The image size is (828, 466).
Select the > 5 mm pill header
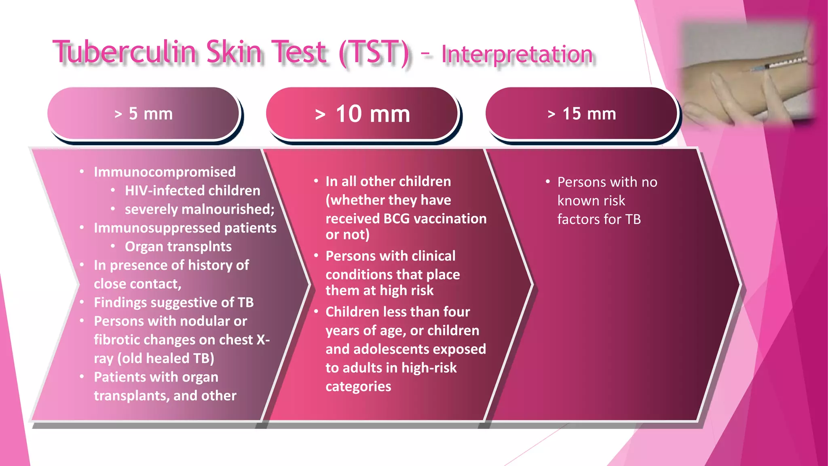tap(144, 114)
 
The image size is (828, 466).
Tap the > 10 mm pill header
tap(362, 114)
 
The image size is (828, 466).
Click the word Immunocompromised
tap(165, 172)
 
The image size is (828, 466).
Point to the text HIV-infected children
tap(192, 191)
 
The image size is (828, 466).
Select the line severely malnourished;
tap(199, 209)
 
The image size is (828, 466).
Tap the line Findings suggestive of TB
tap(173, 303)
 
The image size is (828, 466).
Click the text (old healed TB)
tap(166, 358)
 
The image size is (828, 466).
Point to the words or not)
tap(347, 235)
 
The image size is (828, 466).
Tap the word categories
tap(358, 386)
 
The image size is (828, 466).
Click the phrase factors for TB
tap(599, 219)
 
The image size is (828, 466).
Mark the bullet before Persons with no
tap(548, 182)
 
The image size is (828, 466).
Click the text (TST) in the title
tap(374, 53)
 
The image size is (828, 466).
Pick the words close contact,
tap(137, 284)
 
